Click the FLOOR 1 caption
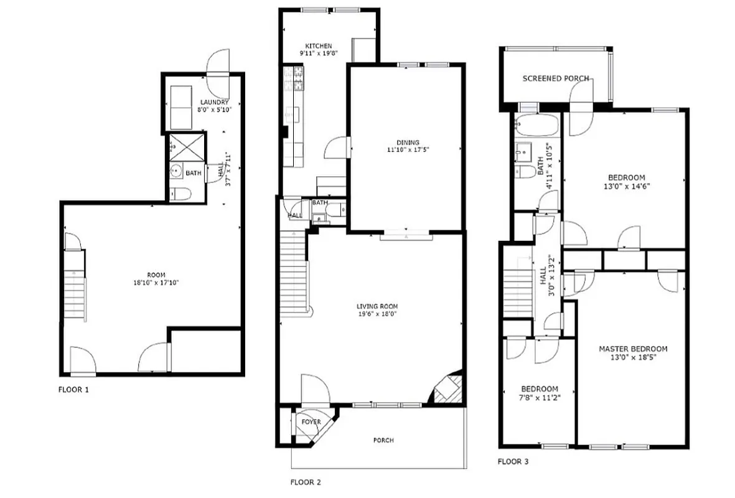coord(73,390)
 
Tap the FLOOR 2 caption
coord(306,482)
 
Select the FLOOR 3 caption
coord(513,462)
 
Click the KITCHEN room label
coord(318,46)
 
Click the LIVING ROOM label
coord(377,306)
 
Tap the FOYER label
coord(311,422)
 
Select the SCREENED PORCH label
coord(556,78)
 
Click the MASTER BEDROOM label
coord(633,349)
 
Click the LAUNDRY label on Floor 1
coord(214,102)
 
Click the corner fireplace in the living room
coord(447,390)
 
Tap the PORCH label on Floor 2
coord(383,440)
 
